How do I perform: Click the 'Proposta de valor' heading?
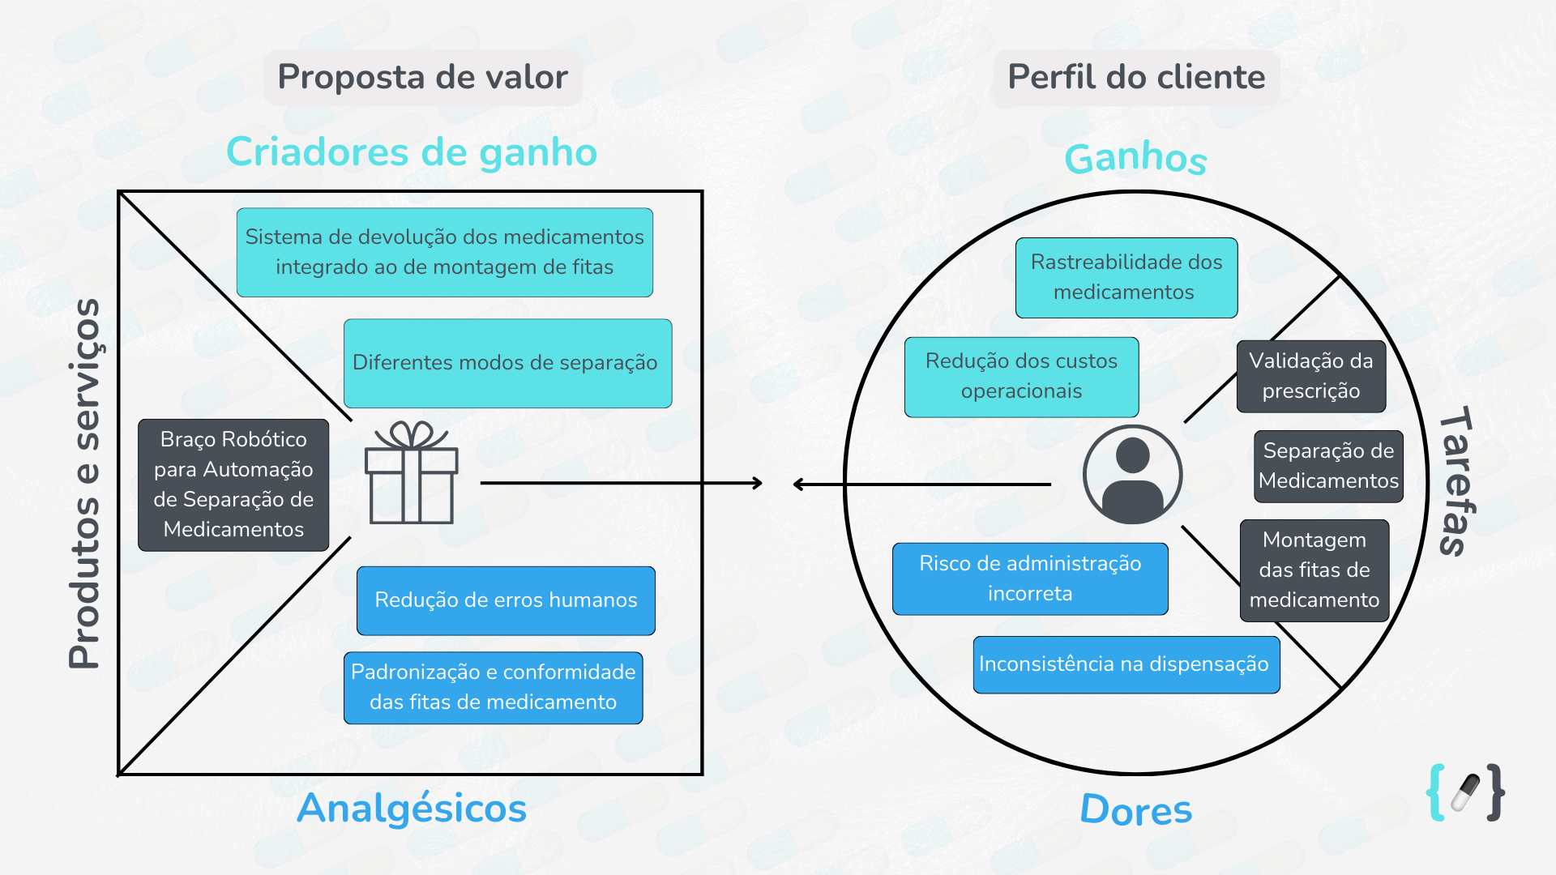pyautogui.click(x=422, y=77)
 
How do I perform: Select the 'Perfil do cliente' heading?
pyautogui.click(x=1136, y=77)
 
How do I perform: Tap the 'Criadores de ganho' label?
pyautogui.click(x=412, y=152)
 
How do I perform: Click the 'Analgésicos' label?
pyautogui.click(x=412, y=808)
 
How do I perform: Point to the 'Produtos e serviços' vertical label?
pyautogui.click(x=86, y=484)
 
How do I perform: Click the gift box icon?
pyautogui.click(x=412, y=472)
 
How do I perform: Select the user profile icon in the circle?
pyautogui.click(x=1132, y=475)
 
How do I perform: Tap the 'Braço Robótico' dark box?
pyautogui.click(x=233, y=484)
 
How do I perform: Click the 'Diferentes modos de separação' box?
pyautogui.click(x=508, y=363)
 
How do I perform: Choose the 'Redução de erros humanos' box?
pyautogui.click(x=506, y=600)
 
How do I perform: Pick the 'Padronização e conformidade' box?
pyautogui.click(x=494, y=688)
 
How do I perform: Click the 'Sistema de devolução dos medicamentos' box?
pyautogui.click(x=445, y=252)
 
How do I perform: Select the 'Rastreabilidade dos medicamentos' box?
pyautogui.click(x=1126, y=277)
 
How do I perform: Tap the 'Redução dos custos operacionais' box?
pyautogui.click(x=1022, y=377)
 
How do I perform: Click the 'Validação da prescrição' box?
pyautogui.click(x=1311, y=376)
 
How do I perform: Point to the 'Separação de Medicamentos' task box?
pyautogui.click(x=1329, y=466)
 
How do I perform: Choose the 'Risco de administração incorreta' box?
pyautogui.click(x=1030, y=578)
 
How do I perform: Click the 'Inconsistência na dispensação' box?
pyautogui.click(x=1126, y=664)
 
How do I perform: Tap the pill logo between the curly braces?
pyautogui.click(x=1465, y=792)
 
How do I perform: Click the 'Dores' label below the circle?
pyautogui.click(x=1136, y=809)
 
